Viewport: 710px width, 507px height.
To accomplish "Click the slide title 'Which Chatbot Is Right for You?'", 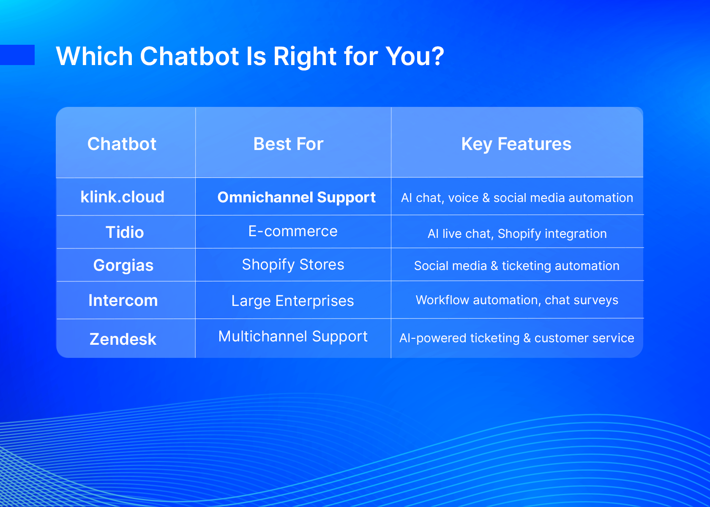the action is tap(250, 57).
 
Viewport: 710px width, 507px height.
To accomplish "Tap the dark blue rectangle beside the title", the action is tap(17, 55).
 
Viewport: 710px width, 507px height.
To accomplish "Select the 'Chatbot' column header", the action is tap(122, 144).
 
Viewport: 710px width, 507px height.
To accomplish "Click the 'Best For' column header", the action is tap(288, 144).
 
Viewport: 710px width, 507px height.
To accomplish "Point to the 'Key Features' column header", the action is tap(516, 144).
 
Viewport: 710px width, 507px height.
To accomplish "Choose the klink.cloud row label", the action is tap(123, 197).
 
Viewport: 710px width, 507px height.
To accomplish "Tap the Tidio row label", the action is tap(125, 232).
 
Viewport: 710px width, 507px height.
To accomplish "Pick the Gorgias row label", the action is tap(123, 265).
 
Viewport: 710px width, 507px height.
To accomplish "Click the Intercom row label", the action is tap(123, 300).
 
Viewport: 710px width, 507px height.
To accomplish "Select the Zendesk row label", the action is tap(123, 339).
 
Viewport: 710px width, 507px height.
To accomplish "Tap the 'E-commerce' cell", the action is tap(293, 231).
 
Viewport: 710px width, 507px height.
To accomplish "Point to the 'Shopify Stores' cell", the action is tap(293, 265).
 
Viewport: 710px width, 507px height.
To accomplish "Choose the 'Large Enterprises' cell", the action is tap(292, 301).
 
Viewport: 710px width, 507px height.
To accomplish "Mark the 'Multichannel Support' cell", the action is tap(293, 337).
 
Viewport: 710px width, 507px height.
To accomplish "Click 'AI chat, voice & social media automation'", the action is tap(517, 198).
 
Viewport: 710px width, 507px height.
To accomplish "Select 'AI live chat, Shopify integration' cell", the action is tap(517, 234).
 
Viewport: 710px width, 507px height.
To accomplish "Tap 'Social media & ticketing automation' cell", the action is tap(516, 266).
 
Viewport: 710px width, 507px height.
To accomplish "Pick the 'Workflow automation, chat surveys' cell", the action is tap(517, 300).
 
